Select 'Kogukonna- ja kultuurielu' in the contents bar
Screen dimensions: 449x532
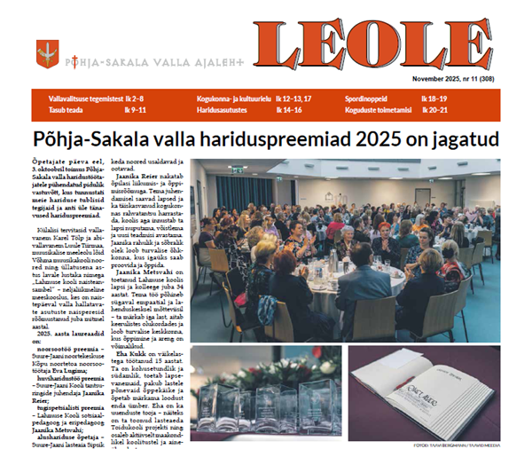tap(231, 97)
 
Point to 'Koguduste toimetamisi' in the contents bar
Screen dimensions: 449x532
tap(381, 111)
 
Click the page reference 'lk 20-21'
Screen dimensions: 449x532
tap(437, 111)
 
